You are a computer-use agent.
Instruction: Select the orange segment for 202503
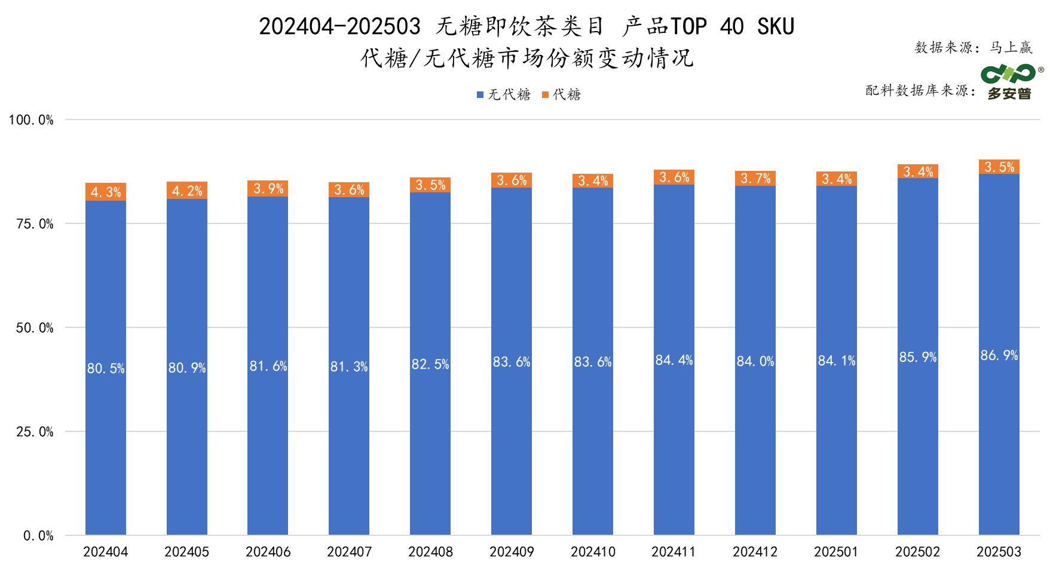tap(999, 167)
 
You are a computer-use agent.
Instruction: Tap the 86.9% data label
tap(999, 355)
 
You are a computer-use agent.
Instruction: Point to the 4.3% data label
tap(106, 192)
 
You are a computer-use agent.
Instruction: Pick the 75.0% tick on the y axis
tap(35, 224)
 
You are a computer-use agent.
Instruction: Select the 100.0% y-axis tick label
tap(31, 120)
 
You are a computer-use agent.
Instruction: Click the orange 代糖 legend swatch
tap(545, 95)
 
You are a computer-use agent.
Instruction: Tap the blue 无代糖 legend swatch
tap(480, 95)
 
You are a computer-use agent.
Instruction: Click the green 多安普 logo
tap(1010, 82)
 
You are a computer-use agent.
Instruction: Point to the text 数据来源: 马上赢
tap(973, 48)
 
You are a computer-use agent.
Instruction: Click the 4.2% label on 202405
tap(187, 191)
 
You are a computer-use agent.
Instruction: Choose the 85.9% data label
tap(917, 357)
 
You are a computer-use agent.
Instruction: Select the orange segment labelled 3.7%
tap(755, 179)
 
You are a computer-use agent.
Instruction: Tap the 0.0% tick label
tap(38, 536)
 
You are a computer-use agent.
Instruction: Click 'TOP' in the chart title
tap(688, 27)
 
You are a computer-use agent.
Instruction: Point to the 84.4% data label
tap(674, 360)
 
